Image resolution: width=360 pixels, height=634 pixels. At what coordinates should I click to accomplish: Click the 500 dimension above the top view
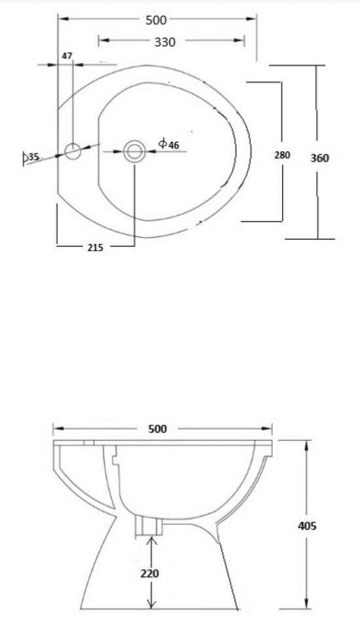156,20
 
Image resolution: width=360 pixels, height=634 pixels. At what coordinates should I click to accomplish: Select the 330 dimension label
165,42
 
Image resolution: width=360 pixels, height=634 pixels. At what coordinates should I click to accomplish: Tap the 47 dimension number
67,56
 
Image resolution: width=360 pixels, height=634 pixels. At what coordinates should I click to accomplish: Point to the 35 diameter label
33,157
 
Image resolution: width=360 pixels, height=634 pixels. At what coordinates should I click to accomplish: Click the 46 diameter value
173,145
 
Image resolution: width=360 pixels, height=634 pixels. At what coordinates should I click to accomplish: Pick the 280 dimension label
282,155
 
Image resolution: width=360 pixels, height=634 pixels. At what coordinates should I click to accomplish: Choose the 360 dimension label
319,158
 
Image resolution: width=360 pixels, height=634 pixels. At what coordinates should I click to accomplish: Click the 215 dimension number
96,248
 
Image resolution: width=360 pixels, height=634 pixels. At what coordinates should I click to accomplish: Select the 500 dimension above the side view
157,429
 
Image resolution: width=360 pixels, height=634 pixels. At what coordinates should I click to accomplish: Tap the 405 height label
307,526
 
